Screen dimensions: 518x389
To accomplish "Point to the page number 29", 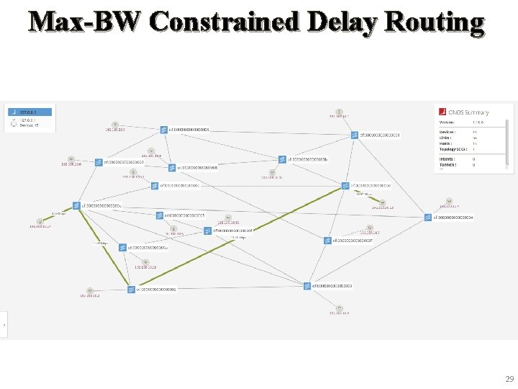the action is click(x=509, y=379).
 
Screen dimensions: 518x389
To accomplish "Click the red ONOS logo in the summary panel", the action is click(x=442, y=112).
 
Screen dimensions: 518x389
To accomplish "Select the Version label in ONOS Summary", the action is click(x=448, y=122).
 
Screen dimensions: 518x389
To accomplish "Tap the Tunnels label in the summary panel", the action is click(x=447, y=165).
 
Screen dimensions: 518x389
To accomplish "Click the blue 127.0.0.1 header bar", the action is click(x=29, y=112).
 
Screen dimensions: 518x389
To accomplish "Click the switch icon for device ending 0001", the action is click(x=355, y=135).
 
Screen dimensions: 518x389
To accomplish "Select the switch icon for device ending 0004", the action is click(x=428, y=217).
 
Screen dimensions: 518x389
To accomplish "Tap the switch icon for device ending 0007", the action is click(x=327, y=241).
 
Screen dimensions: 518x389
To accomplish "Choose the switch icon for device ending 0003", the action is click(x=307, y=286).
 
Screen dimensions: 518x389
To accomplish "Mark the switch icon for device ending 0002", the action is click(x=131, y=290).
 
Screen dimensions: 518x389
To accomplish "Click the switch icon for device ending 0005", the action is click(x=160, y=215).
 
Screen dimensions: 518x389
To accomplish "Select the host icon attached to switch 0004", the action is click(x=448, y=201).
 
